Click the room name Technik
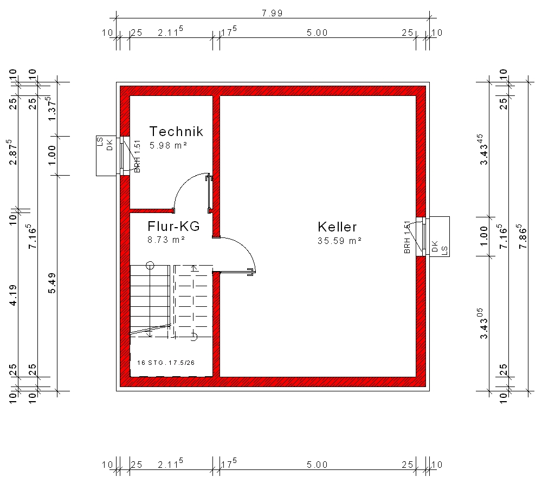[176, 131]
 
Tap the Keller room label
[337, 227]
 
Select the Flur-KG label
[173, 226]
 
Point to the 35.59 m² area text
[339, 241]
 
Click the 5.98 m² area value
[169, 145]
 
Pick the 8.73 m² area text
[166, 240]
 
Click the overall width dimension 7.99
[272, 13]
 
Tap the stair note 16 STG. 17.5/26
[166, 363]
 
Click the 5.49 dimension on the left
[52, 283]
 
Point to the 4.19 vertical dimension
[13, 295]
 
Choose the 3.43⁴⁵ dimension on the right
[483, 150]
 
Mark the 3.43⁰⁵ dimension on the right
[483, 324]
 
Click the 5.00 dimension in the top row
[317, 33]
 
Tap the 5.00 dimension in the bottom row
[317, 465]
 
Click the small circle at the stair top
[150, 266]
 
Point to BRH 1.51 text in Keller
[407, 237]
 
